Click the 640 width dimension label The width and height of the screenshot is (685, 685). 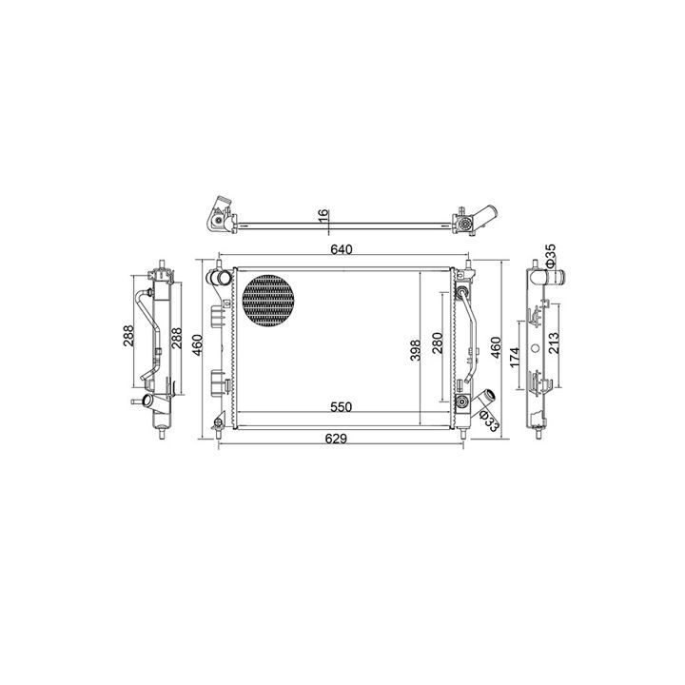[x=342, y=250]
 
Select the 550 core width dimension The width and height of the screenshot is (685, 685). [x=341, y=407]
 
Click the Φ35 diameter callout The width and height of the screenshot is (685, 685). [x=550, y=255]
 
